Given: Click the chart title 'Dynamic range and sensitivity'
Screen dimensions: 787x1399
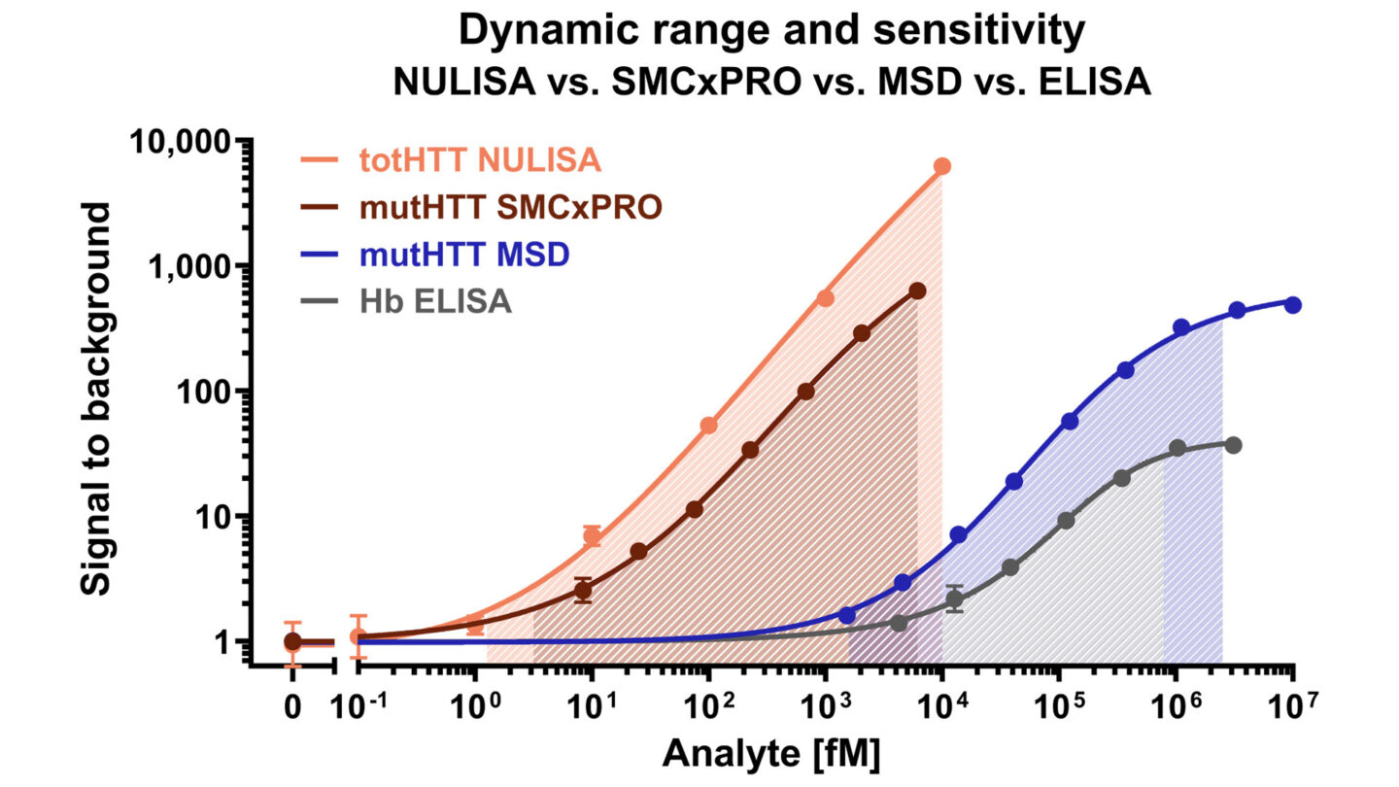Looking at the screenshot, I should pyautogui.click(x=770, y=32).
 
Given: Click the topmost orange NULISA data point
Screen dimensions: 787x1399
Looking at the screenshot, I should pyautogui.click(x=941, y=166).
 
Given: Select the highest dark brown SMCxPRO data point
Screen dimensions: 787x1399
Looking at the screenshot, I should pyautogui.click(x=917, y=291).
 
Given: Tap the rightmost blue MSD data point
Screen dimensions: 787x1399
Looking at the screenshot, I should pyautogui.click(x=1292, y=304).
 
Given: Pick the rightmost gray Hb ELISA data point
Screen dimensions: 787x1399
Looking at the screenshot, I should pyautogui.click(x=1233, y=445).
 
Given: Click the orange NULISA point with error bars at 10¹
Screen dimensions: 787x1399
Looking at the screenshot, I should pyautogui.click(x=592, y=536).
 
